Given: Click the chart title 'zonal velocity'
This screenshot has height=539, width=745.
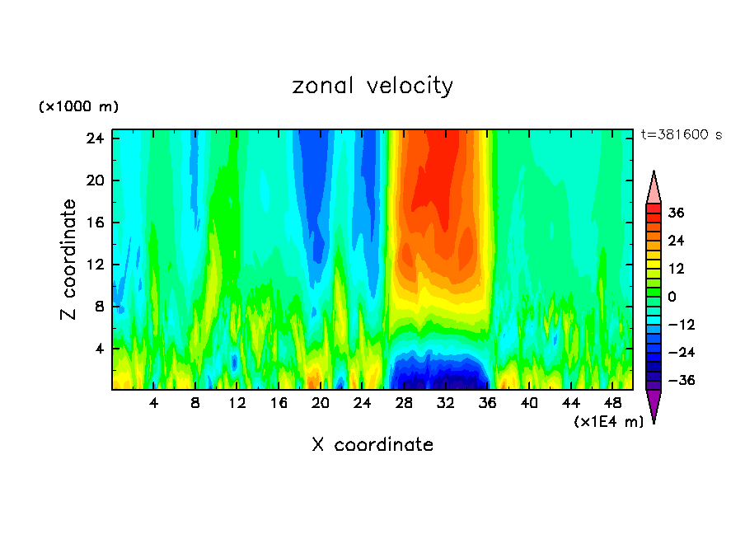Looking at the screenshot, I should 372,86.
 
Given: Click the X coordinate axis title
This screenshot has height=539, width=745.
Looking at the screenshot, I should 372,445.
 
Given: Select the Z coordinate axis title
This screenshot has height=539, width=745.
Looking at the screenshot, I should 69,260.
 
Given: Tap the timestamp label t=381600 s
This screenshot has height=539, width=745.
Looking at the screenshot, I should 681,135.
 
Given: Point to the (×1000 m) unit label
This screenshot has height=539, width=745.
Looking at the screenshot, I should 78,107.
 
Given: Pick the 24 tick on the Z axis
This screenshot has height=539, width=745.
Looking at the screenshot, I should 94,138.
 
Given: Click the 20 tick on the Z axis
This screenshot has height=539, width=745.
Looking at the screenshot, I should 94,180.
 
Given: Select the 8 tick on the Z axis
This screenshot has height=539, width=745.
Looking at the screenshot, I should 98,307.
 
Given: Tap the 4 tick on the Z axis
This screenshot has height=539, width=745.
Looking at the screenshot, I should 98,349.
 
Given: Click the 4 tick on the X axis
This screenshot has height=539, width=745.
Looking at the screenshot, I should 154,404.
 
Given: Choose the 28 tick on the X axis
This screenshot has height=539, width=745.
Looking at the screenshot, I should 405,404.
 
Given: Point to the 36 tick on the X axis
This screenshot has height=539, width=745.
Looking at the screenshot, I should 488,404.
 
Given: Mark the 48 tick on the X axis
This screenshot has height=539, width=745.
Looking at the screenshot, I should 613,404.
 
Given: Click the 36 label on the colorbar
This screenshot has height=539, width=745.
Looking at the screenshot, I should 676,213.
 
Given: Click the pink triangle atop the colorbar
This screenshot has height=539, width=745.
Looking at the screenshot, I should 654,187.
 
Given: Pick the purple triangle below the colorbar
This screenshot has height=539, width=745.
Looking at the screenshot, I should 654,405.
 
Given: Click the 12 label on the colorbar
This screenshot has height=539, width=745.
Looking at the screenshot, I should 676,269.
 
